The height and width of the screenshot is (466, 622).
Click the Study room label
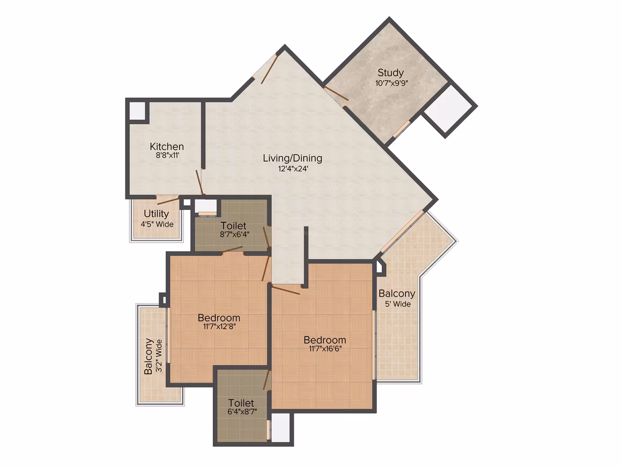coord(390,73)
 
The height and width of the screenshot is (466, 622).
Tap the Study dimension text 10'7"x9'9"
coord(391,83)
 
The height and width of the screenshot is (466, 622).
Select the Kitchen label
coord(167,146)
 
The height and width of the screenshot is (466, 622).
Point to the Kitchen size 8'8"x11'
coord(167,155)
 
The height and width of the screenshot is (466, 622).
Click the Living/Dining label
coord(292,158)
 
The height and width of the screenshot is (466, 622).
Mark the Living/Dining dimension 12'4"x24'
coord(293,169)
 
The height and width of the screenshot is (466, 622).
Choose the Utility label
coord(156,214)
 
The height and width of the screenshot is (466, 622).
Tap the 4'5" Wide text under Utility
coord(157,224)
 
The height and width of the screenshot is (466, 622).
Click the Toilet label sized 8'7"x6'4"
coord(233,226)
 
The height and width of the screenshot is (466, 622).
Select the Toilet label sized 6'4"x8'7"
coord(241,403)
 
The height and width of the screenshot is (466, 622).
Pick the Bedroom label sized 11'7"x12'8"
coord(219,318)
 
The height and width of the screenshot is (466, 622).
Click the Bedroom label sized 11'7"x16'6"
coord(325,340)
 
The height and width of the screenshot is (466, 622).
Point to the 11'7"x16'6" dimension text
coord(325,349)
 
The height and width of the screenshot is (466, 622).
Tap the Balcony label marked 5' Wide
coord(397,294)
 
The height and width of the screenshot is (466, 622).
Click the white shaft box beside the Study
coord(450,108)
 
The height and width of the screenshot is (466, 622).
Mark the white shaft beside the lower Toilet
coord(280,427)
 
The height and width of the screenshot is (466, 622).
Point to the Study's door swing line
coord(336,93)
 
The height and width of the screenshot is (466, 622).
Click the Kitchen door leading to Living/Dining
coord(200,183)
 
